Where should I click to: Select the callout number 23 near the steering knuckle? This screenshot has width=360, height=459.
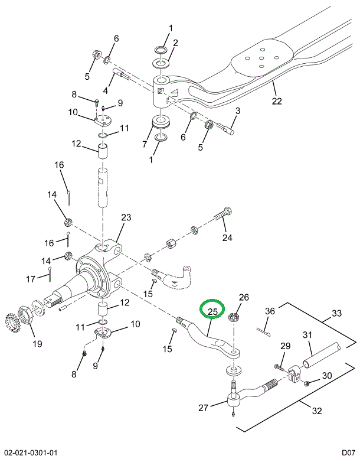coord(126,217)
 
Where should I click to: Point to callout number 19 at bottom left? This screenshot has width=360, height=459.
coord(37,343)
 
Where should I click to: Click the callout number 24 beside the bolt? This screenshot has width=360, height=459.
coord(227,238)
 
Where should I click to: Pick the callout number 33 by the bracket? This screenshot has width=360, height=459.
coord(336,312)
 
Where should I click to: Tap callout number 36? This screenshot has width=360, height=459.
coord(270,311)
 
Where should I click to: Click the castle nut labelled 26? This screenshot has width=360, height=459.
coord(234,317)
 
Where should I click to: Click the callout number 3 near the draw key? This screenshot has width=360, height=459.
coord(237,111)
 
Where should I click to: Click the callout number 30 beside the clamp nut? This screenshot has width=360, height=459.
coord(327,376)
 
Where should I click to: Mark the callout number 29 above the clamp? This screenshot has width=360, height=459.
coord(285,346)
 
